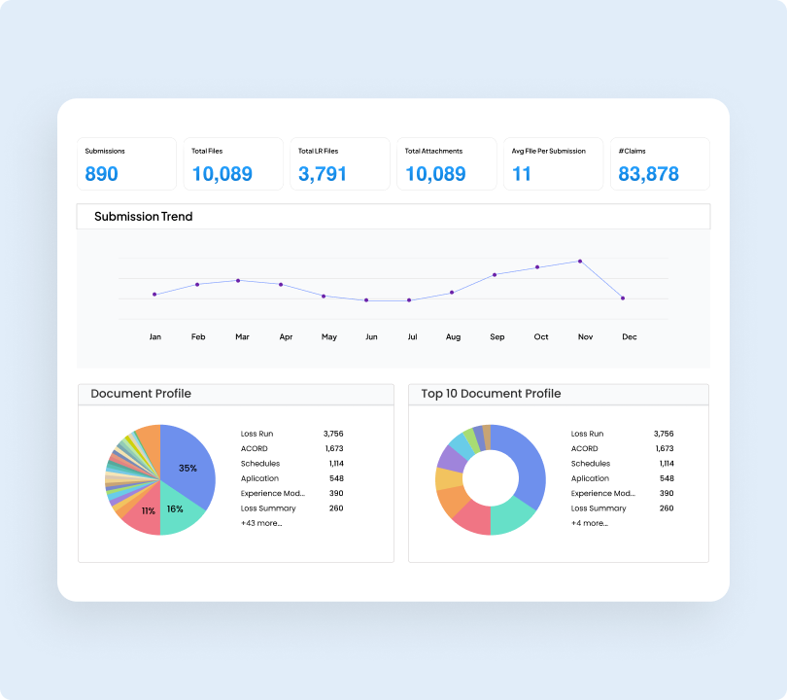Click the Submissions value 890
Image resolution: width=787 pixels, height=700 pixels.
tap(101, 174)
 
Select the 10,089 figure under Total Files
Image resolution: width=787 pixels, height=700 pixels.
tap(222, 174)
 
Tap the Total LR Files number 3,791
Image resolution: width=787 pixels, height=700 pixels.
tap(322, 174)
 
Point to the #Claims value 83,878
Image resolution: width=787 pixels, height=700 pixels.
tap(648, 174)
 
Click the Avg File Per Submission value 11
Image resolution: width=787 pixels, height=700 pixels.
tap(522, 174)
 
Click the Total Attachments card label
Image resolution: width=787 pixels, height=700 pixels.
tap(433, 152)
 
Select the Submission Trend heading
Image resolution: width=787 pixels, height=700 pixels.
tap(143, 217)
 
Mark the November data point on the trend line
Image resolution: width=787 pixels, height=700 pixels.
tap(580, 261)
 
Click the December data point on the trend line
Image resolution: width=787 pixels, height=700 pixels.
tap(623, 298)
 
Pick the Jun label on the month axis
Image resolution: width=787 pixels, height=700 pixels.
tap(371, 337)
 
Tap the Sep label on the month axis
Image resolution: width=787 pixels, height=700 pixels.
tap(497, 337)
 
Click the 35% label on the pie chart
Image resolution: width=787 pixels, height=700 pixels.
tap(188, 469)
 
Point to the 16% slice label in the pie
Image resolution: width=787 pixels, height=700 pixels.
tap(175, 508)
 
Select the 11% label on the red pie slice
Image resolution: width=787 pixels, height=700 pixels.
tap(148, 511)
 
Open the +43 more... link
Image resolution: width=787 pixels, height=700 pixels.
tap(261, 523)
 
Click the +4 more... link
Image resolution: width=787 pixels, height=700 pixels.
tap(590, 523)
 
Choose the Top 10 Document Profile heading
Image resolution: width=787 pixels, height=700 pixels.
tap(491, 394)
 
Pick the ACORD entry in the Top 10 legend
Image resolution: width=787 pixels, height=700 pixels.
tap(584, 448)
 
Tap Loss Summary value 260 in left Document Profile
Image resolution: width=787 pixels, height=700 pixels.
tap(335, 508)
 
